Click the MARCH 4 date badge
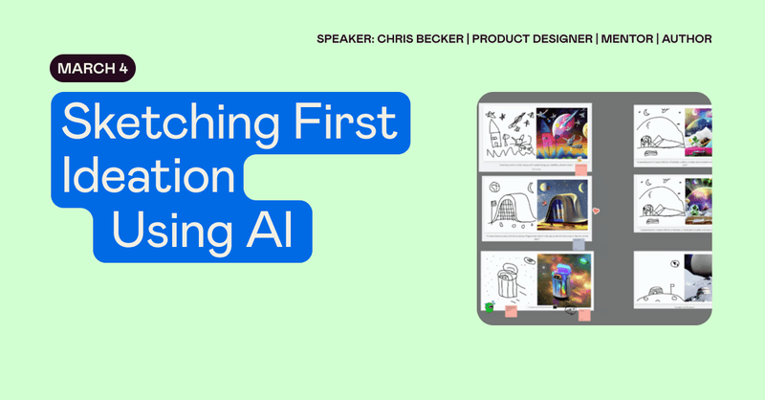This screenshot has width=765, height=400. (93, 69)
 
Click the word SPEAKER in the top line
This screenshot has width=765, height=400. (345, 39)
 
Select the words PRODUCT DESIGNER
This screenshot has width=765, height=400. (540, 39)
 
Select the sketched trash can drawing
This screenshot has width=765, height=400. (508, 283)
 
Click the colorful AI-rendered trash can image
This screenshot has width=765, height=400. (562, 281)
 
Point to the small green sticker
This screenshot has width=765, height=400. (490, 307)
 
